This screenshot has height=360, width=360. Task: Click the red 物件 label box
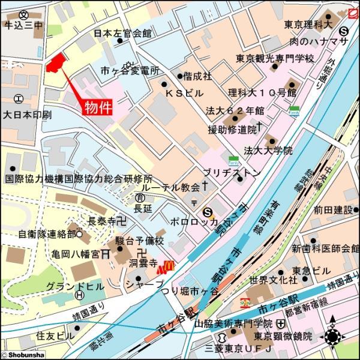[97, 107]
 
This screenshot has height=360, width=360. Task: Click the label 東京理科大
[308, 25]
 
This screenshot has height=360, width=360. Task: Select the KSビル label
[184, 94]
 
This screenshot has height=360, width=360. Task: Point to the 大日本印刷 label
[27, 114]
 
